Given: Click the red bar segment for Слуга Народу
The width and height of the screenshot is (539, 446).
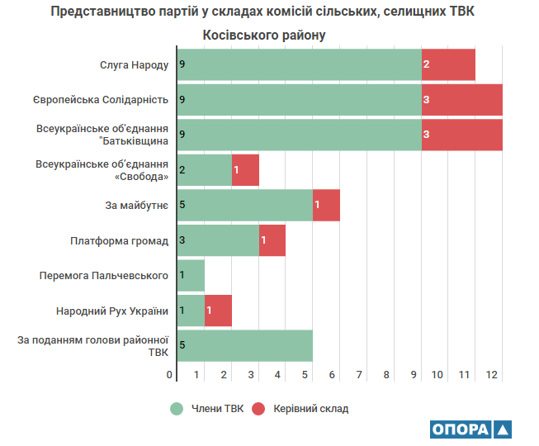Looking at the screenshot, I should (x=448, y=64).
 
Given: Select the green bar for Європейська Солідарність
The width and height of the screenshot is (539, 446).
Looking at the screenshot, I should (x=299, y=100).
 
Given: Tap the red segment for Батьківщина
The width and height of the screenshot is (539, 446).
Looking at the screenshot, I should (x=461, y=135).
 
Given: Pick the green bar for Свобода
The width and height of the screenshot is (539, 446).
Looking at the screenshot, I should (x=204, y=170).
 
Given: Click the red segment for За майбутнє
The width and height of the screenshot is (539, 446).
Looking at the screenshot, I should (x=326, y=205).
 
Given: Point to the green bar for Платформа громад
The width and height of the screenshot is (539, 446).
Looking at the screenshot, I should (x=218, y=240).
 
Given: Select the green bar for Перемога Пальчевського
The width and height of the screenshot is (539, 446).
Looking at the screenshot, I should (x=191, y=275).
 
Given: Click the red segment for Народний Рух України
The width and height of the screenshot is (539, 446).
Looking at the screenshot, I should (x=218, y=311).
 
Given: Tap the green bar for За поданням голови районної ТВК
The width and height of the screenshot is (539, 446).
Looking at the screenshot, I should (x=244, y=345).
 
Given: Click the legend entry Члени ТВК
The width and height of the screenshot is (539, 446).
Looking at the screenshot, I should (x=209, y=408).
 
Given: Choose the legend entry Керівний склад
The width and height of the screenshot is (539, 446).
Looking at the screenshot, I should (x=301, y=408).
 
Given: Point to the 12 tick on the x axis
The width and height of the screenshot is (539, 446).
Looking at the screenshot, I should (x=492, y=375).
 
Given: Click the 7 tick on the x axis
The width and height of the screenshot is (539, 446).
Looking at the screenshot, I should (x=360, y=375).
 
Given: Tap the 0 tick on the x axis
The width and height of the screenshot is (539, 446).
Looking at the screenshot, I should (x=171, y=375).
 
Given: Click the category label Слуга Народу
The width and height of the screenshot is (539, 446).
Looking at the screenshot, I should (x=135, y=64).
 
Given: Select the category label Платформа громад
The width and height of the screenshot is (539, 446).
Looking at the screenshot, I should (x=120, y=240).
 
